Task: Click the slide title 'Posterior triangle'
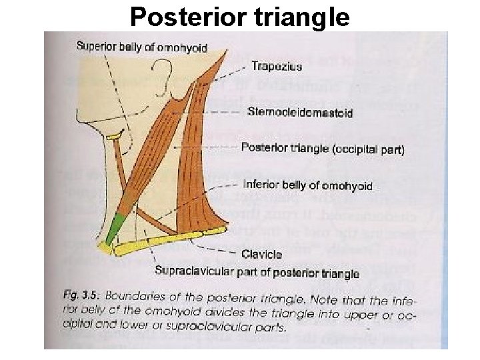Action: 239,16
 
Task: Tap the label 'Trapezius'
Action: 277,66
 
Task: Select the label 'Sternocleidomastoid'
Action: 300,113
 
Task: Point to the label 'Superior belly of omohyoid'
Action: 141,47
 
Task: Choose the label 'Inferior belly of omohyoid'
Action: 308,185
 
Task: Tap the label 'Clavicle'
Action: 263,254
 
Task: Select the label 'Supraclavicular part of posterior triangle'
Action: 257,273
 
